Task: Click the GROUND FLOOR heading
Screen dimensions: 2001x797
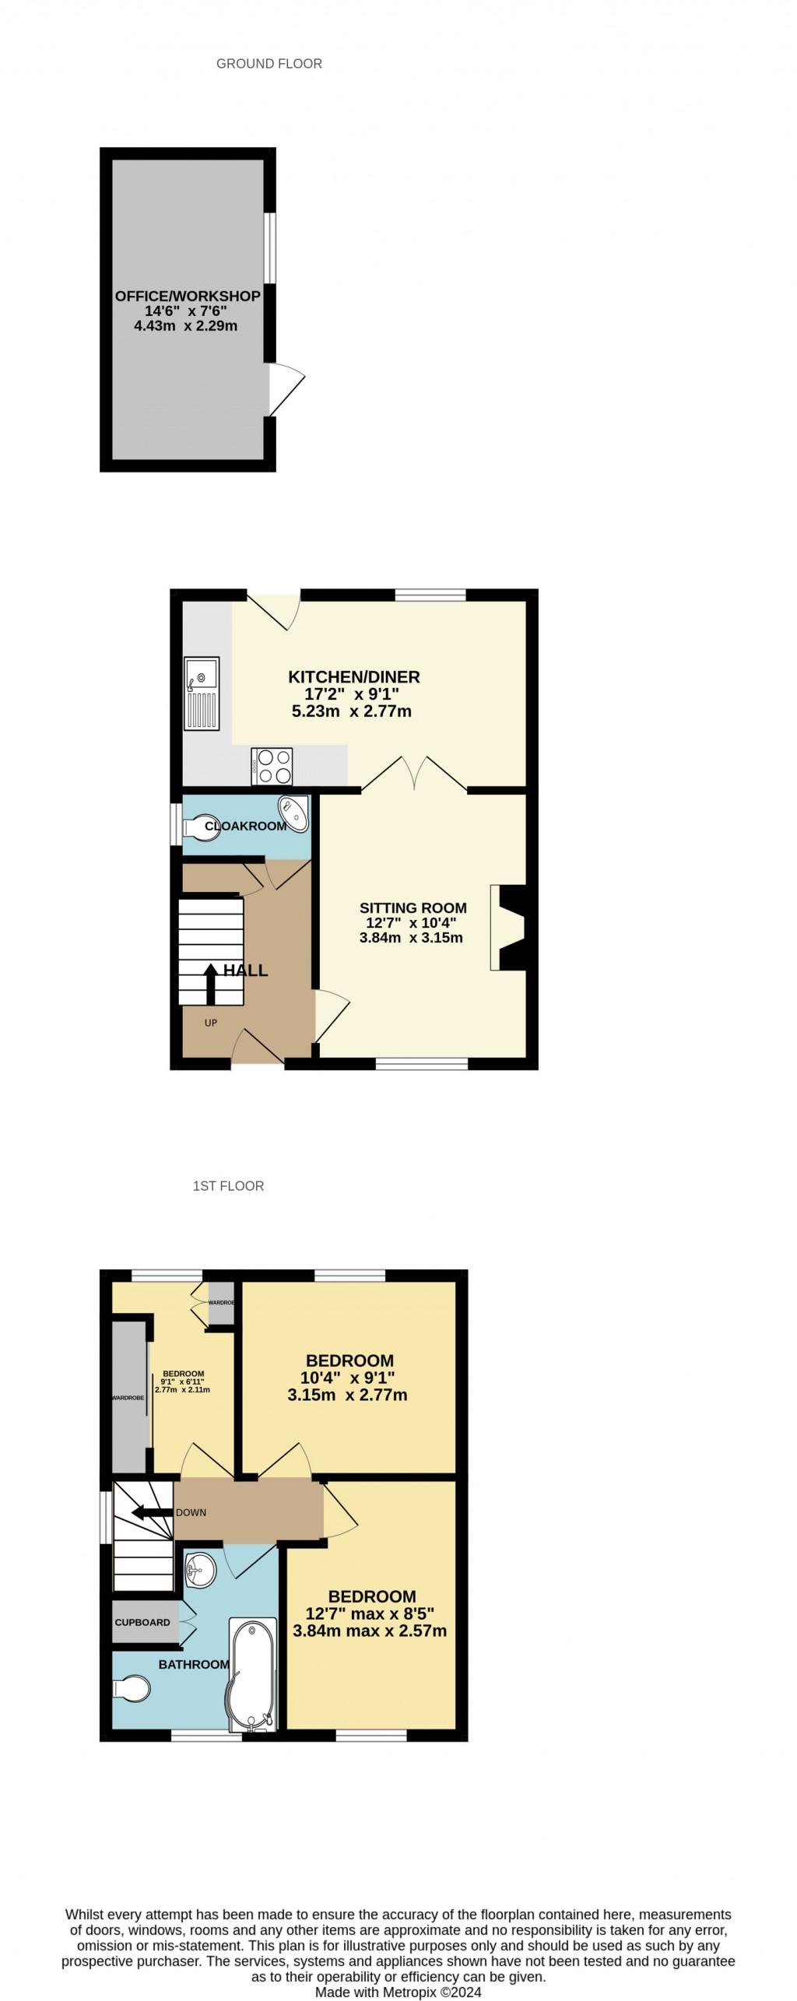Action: [269, 64]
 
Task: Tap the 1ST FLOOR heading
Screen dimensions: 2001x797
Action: [228, 1185]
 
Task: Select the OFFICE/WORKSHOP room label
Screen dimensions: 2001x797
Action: [188, 296]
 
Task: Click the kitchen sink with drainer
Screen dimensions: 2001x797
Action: [202, 693]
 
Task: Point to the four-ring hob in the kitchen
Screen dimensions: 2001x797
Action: [272, 766]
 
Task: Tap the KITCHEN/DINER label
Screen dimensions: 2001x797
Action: [353, 676]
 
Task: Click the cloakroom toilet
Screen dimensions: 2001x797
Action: [198, 827]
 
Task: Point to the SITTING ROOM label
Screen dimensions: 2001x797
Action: [413, 907]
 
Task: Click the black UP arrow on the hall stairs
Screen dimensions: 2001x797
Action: [210, 984]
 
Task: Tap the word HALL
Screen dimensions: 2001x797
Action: [246, 970]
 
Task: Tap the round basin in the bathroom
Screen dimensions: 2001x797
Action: [200, 1569]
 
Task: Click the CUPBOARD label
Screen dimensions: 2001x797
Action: [142, 1622]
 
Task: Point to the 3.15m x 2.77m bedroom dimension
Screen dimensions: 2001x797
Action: [347, 1394]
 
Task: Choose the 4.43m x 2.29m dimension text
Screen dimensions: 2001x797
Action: [186, 326]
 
